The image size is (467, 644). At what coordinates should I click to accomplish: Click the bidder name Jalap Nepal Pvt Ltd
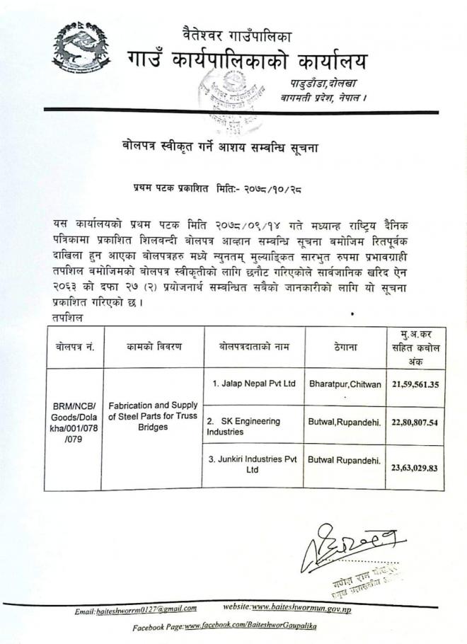coord(253,384)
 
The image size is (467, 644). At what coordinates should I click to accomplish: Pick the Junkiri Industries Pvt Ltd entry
coord(253,464)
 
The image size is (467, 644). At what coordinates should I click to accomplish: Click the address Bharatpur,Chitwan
coord(344,384)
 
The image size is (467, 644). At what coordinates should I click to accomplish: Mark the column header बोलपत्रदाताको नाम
coord(253,346)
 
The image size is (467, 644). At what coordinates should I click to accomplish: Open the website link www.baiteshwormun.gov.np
coord(301,608)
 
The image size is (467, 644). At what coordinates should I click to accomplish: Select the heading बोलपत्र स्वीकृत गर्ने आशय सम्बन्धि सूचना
coord(222,147)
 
